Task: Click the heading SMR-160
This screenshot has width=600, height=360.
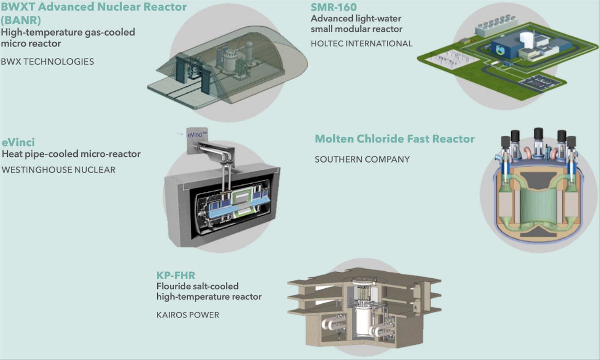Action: [334, 7]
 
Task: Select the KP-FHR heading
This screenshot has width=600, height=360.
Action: [175, 275]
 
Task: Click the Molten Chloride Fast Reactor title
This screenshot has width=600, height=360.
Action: [394, 139]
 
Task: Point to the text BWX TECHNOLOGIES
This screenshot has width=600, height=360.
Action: [48, 62]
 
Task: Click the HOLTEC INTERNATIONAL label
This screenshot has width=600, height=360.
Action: [361, 43]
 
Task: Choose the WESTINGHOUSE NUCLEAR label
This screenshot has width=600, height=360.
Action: [59, 170]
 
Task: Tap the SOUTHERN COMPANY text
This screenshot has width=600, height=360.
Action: [362, 159]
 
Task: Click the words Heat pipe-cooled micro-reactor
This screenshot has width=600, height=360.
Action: [71, 154]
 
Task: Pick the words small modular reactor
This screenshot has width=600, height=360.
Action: [356, 29]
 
